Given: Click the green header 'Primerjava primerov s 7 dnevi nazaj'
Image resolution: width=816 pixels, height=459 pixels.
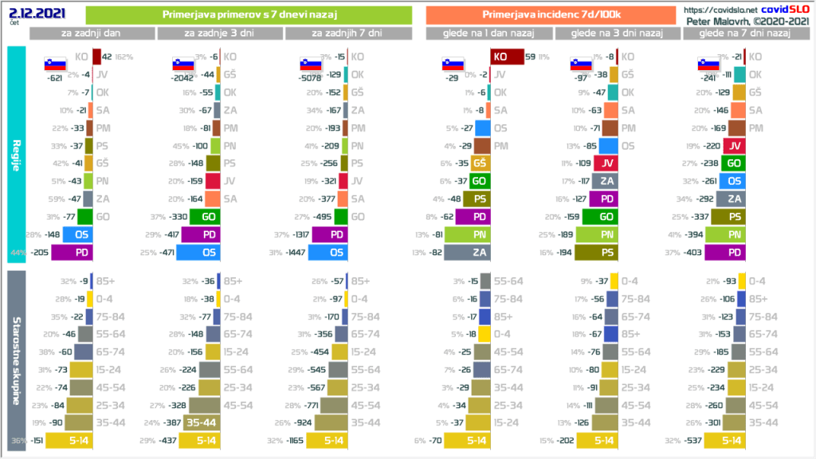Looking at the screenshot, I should coord(248,15).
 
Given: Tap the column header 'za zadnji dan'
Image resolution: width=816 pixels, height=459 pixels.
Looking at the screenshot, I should coord(92,33).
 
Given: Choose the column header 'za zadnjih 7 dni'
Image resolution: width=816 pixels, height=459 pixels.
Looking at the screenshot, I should coord(347,33).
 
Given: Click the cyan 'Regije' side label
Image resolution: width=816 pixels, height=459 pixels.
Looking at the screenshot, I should coord(16,152).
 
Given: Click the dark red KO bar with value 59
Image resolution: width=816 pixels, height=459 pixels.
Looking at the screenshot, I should coord(505,57).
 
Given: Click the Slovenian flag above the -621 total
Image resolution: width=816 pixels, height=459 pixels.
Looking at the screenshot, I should coord(55,64).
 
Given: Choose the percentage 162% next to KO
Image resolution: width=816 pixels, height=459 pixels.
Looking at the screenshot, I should coord(124,57).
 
